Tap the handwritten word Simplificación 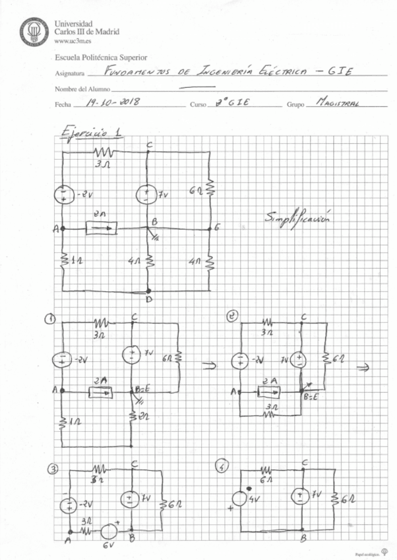tap(297, 217)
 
